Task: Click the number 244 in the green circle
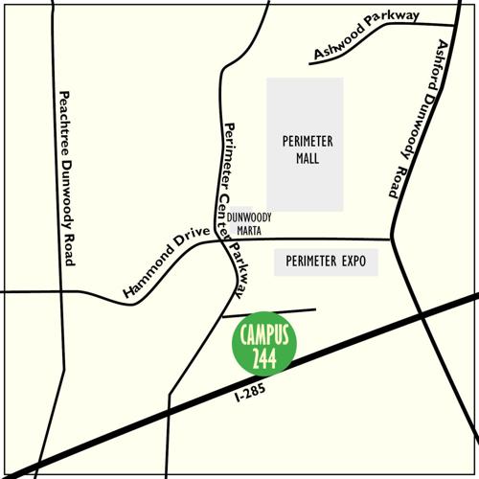pos(264,357)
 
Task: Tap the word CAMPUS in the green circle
pos(264,335)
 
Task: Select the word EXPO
pos(349,261)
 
